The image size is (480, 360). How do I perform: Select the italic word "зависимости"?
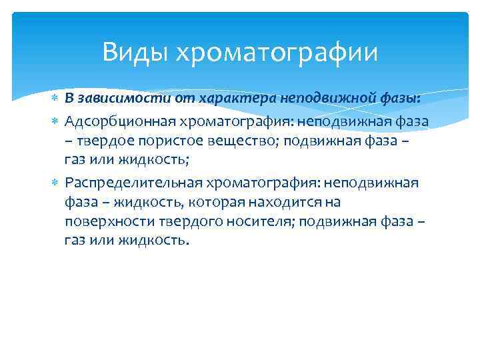[111, 98]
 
